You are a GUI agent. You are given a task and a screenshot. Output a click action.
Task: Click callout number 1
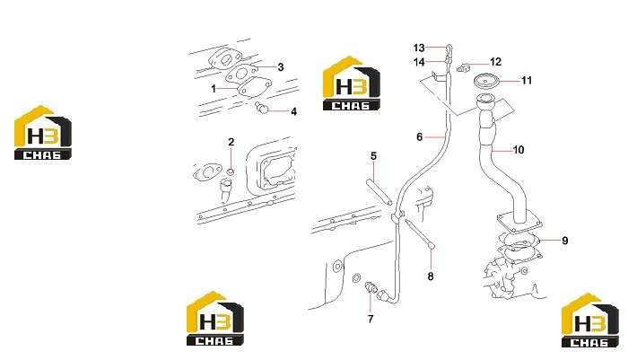point(214,89)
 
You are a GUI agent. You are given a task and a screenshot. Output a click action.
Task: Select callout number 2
point(231,142)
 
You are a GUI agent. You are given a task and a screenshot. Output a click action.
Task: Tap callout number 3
point(281,67)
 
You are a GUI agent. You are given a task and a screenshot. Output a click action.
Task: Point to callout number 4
point(293,112)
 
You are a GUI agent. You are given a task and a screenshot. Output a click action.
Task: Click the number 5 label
point(374,156)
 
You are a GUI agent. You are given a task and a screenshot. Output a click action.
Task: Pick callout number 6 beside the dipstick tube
point(419,137)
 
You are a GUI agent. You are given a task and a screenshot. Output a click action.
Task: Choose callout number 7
point(371,319)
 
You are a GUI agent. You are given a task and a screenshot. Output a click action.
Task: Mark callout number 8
point(431,277)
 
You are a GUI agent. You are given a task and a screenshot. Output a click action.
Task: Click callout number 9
point(565,241)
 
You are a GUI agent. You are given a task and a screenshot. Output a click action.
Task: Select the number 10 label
point(519,150)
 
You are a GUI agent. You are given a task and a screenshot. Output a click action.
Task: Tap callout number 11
point(527,81)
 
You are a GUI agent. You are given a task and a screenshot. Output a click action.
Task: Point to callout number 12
point(495,62)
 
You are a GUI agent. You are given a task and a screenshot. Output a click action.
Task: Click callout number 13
point(419,48)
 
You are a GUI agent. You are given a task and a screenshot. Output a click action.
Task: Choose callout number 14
point(419,62)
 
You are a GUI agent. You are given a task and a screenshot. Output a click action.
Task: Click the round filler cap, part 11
point(485,81)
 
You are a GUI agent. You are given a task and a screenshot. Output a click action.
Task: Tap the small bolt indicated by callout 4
point(261,107)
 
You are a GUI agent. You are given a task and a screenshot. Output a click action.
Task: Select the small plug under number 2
point(231,172)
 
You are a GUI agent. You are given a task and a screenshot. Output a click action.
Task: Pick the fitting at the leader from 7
point(371,287)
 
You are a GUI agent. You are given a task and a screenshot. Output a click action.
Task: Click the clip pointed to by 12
point(462,67)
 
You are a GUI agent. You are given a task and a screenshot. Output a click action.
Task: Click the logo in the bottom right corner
point(590,320)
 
